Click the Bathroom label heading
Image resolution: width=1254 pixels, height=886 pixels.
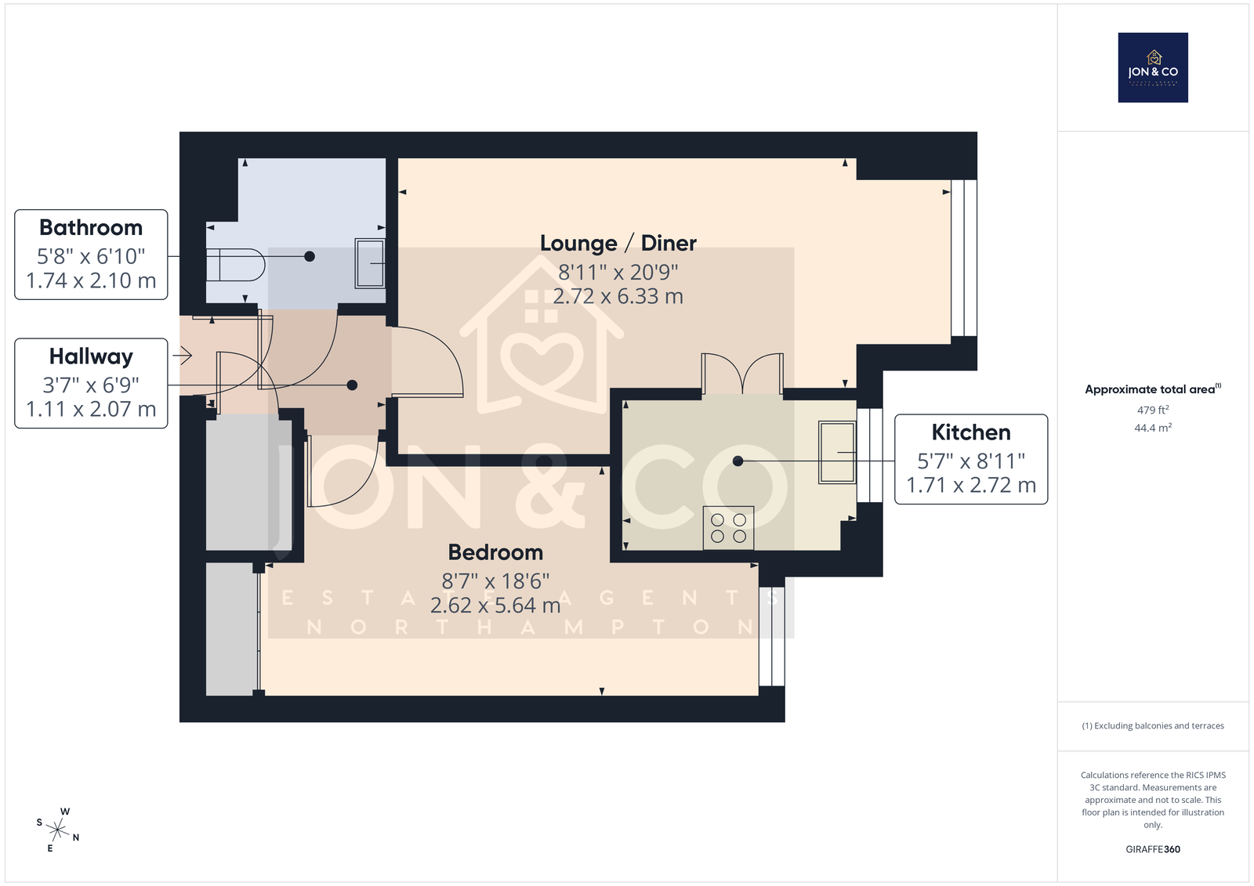point(91,228)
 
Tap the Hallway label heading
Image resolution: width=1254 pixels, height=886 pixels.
point(91,356)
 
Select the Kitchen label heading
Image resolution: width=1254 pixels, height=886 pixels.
point(971,432)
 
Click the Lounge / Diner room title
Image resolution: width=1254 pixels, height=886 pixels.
point(618,244)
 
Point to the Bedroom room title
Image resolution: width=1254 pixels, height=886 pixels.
point(495,552)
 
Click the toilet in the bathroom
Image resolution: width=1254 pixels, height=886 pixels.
point(235,265)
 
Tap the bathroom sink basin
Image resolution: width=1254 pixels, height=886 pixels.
point(369,263)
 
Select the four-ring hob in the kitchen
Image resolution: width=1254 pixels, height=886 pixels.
point(728,528)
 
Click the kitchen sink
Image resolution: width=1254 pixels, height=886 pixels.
point(837,452)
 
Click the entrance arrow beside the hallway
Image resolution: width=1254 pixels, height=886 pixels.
point(183,356)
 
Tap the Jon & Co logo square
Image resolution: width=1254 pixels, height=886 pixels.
point(1153,67)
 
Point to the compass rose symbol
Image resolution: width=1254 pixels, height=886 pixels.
point(57,830)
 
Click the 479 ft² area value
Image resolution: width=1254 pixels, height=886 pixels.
point(1153,410)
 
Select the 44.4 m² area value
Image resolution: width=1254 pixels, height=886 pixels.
point(1153,428)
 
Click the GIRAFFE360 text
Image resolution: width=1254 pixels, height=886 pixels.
point(1153,849)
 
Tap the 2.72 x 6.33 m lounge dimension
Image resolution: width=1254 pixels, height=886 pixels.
point(618,296)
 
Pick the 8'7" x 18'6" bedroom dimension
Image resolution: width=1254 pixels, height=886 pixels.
point(495,581)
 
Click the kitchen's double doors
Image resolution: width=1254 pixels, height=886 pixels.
point(742,374)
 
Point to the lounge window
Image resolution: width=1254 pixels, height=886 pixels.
point(964,258)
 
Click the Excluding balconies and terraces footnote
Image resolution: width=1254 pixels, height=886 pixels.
point(1153,726)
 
